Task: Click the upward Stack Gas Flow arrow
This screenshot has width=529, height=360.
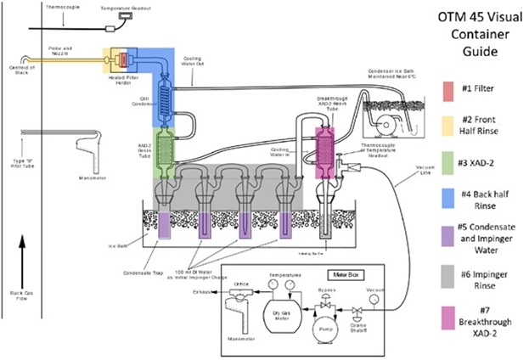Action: coord(23,255)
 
